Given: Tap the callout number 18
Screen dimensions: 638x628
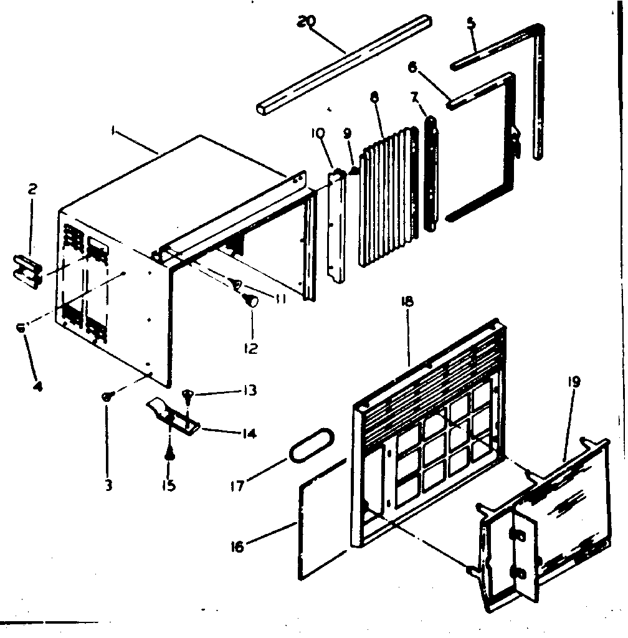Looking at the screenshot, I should [x=409, y=302].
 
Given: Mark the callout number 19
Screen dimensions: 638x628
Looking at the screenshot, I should [x=573, y=381].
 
